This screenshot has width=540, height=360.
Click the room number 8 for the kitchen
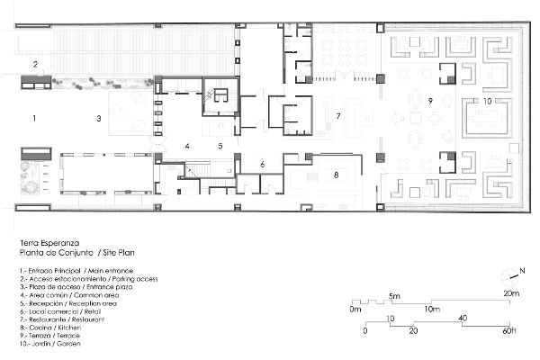(x=336, y=175)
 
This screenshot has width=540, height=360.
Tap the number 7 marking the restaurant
(x=338, y=116)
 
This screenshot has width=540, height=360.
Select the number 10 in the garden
(x=487, y=102)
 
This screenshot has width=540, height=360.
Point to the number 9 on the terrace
(x=430, y=101)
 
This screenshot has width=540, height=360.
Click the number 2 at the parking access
(x=35, y=64)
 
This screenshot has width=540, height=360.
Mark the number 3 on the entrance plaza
(x=99, y=119)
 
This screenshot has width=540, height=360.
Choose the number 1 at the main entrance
(x=34, y=118)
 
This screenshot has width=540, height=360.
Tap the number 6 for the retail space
(x=263, y=165)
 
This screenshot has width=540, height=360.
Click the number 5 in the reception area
(x=220, y=146)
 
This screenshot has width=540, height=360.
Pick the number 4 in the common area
(x=187, y=146)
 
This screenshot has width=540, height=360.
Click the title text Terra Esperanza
(x=49, y=243)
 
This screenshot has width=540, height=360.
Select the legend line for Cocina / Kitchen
(x=50, y=328)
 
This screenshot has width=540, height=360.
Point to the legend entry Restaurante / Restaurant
(x=62, y=319)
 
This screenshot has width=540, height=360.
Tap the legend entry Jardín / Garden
(x=50, y=344)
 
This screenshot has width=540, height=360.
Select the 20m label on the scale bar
(x=511, y=293)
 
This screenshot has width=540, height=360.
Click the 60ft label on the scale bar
(x=509, y=331)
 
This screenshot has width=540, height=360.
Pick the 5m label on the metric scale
(x=395, y=296)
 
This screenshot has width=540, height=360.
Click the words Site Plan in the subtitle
(x=119, y=253)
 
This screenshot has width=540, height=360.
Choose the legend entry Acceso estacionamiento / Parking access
(x=89, y=279)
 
